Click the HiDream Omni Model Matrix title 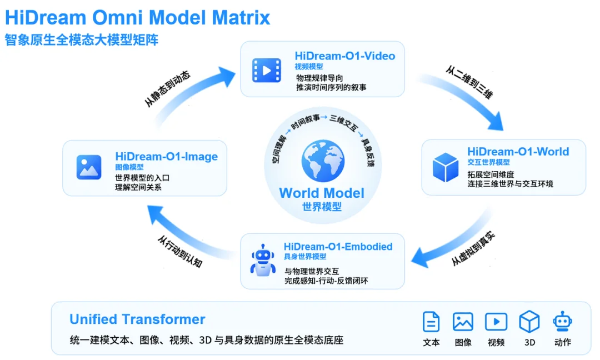(137, 18)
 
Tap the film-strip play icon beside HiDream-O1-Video (267, 71)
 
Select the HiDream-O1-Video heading (345, 56)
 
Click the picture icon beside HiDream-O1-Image (89, 167)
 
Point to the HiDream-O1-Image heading (167, 157)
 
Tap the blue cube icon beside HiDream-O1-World (446, 167)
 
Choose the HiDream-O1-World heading (518, 152)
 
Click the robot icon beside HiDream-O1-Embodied (263, 260)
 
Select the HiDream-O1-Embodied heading (338, 246)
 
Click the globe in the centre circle (323, 161)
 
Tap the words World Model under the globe (322, 193)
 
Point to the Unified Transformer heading (137, 319)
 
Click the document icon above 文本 (431, 321)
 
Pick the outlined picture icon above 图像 (463, 321)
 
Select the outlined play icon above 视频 (496, 322)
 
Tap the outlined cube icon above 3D (529, 321)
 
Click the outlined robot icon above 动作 (562, 321)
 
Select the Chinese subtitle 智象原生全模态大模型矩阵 (82, 40)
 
